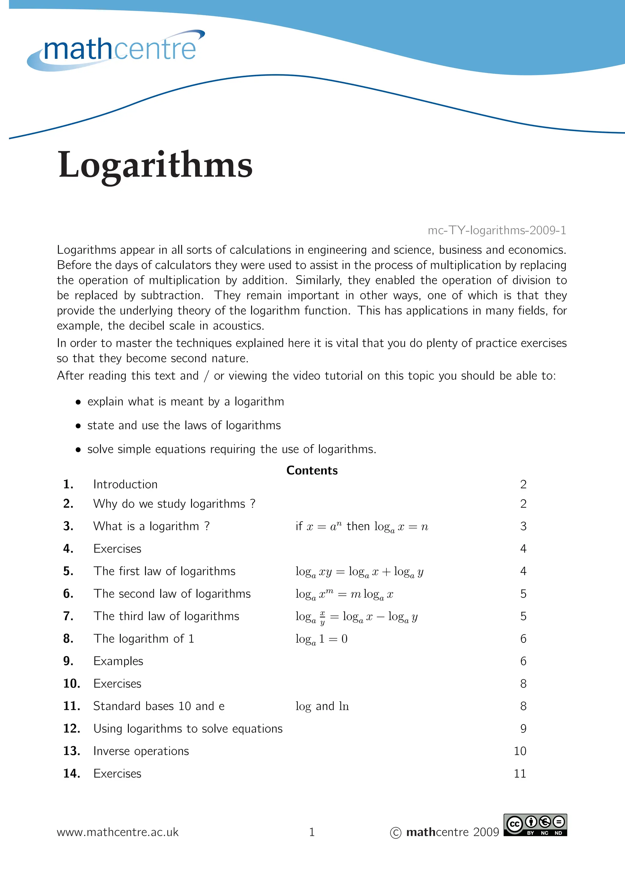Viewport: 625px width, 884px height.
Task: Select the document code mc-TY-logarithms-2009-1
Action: pos(497,230)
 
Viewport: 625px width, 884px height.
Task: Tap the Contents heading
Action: pos(312,470)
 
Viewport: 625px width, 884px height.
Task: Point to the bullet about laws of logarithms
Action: pos(184,426)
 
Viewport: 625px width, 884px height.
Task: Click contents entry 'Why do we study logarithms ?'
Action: pos(174,504)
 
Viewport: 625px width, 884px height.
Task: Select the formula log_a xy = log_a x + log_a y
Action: pos(359,572)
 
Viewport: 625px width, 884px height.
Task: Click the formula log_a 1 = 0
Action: pos(322,639)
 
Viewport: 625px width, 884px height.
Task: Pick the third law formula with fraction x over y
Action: pos(356,617)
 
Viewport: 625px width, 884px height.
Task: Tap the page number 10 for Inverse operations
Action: pos(520,751)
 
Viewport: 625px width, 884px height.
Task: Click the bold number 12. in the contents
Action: pos(72,728)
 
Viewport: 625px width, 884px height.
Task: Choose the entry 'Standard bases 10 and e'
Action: pos(159,706)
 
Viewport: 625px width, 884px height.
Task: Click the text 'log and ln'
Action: pos(322,706)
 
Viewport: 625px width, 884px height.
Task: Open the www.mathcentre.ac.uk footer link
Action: pos(117,832)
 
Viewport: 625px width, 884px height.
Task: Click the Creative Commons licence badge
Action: pos(535,825)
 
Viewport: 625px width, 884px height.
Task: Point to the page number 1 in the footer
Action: pos(312,832)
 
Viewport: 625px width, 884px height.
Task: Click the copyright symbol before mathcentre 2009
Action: pos(396,833)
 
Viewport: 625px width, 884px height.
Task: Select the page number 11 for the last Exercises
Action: pos(520,774)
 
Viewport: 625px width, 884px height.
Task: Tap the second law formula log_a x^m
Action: pos(344,594)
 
